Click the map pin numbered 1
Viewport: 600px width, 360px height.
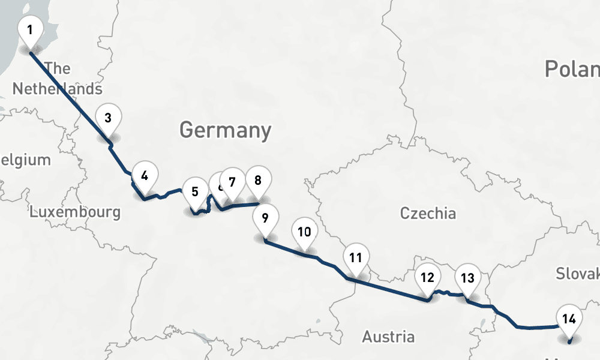point(30,28)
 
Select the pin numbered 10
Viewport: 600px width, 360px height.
point(304,231)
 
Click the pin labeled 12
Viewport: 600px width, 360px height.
point(427,277)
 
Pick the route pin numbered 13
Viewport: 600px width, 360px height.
point(467,278)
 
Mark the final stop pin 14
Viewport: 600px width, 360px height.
point(569,319)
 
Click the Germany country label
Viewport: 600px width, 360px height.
point(225,130)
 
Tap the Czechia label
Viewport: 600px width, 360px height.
point(428,213)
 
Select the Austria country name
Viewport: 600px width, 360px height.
point(388,337)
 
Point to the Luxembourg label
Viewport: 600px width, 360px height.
point(75,212)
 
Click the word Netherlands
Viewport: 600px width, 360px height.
point(57,89)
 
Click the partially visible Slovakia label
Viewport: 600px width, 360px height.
point(577,274)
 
